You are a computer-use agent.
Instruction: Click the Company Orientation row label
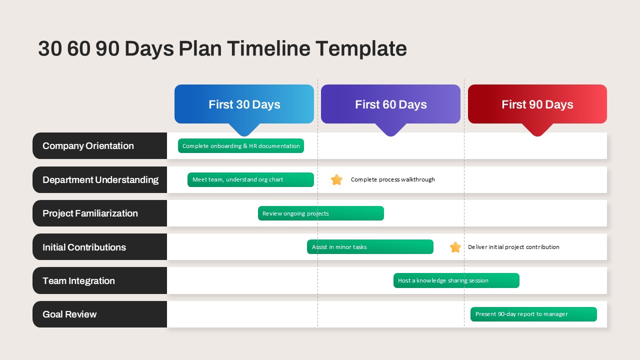(99, 145)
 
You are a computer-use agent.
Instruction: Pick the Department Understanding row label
(99, 179)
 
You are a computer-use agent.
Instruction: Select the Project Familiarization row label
(99, 213)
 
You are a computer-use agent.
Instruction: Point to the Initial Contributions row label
(99, 247)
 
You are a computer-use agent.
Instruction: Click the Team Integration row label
(99, 280)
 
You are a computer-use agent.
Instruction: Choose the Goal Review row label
(99, 314)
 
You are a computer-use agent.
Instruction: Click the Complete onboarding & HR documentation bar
(241, 145)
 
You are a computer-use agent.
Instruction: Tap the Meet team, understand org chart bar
(250, 179)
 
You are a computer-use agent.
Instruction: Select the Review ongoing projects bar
(321, 213)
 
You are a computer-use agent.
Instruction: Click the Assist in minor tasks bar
(370, 247)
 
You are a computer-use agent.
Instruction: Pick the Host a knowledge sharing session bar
(456, 280)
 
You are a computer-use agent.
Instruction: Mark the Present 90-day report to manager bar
(533, 314)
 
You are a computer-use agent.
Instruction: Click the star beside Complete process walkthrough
(336, 179)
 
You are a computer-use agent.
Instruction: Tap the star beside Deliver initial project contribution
(455, 247)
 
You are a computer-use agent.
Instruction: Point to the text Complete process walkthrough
(393, 179)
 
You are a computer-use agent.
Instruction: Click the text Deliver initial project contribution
(513, 247)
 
